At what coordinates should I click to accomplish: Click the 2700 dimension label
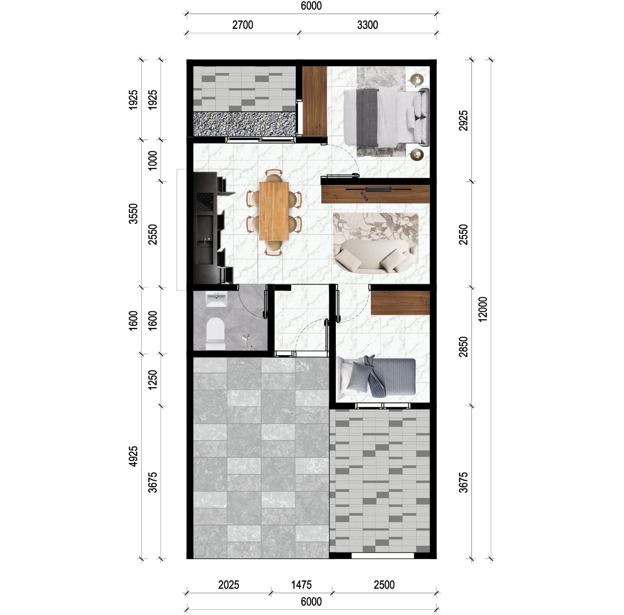(243, 25)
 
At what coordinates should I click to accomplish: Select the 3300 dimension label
(367, 25)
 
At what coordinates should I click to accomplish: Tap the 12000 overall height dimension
(483, 309)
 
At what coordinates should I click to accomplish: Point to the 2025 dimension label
(229, 585)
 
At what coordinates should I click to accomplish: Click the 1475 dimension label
(301, 585)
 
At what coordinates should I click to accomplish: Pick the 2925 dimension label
(463, 121)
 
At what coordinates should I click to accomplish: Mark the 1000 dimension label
(152, 160)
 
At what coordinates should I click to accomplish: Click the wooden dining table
(274, 211)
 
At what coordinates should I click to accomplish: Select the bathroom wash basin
(216, 300)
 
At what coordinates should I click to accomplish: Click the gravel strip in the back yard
(244, 124)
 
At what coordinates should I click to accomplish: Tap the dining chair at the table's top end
(274, 176)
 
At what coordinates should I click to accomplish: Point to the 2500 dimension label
(384, 585)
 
